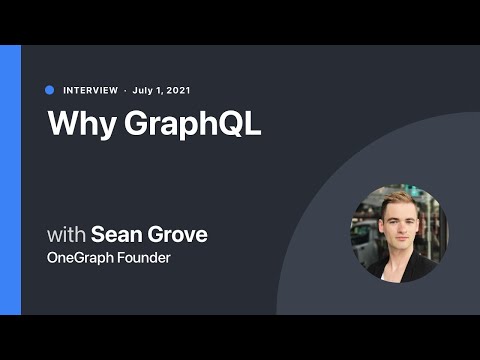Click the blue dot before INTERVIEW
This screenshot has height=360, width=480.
click(50, 90)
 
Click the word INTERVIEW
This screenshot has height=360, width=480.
click(90, 90)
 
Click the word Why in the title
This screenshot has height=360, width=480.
click(76, 124)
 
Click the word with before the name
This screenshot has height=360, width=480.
click(66, 236)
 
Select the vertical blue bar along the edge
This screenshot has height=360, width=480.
click(10, 180)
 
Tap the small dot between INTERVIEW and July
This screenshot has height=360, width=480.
click(125, 90)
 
